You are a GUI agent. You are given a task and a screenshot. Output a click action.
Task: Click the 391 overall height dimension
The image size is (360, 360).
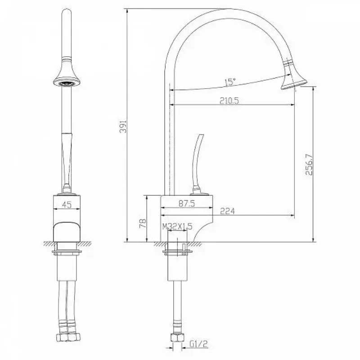pyautogui.click(x=124, y=126)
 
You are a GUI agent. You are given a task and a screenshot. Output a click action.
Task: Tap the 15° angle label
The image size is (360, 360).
pyautogui.click(x=230, y=82)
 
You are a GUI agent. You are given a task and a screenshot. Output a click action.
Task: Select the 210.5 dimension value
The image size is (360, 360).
pyautogui.click(x=229, y=100)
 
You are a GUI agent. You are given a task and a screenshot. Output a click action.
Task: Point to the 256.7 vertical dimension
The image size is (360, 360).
pyautogui.click(x=309, y=164)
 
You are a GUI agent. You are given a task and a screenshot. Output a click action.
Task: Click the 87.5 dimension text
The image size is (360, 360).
pyautogui.click(x=187, y=203)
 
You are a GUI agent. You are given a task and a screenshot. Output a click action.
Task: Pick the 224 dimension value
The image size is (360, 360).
pyautogui.click(x=227, y=211)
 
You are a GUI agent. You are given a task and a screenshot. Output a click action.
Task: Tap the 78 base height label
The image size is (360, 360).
pyautogui.click(x=143, y=223)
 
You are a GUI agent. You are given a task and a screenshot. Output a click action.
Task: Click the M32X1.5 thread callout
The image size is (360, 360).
pyautogui.click(x=177, y=227)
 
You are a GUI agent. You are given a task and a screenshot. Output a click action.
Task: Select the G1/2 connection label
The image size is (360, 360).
pyautogui.click(x=198, y=344)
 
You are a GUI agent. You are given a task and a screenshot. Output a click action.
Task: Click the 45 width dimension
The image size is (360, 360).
pyautogui.click(x=67, y=204)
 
